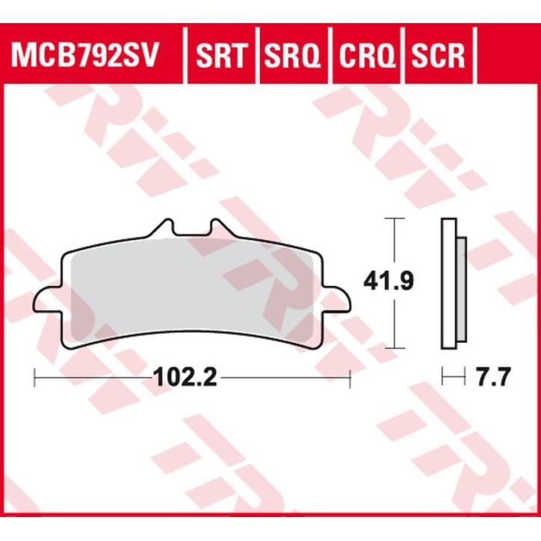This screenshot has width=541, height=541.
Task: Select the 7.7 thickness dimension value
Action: tap(492, 378)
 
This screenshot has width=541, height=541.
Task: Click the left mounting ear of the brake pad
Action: tap(46, 300)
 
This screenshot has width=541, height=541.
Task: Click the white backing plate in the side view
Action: tap(448, 284)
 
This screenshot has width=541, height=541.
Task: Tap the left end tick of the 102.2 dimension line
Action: tap(34, 378)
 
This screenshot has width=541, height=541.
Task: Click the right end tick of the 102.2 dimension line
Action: tap(350, 378)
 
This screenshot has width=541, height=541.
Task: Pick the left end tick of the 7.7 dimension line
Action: tap(442, 378)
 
